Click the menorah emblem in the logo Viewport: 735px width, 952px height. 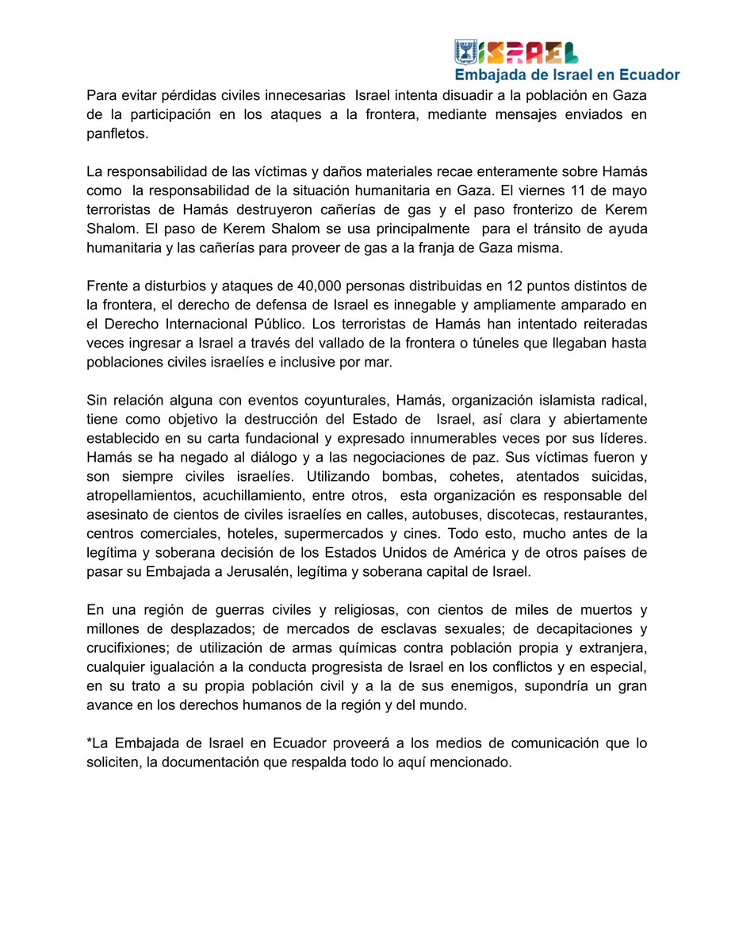coord(465,52)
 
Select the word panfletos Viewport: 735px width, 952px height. coord(117,134)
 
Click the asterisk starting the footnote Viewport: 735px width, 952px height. coord(90,743)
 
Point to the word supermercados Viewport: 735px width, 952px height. coord(346,533)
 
